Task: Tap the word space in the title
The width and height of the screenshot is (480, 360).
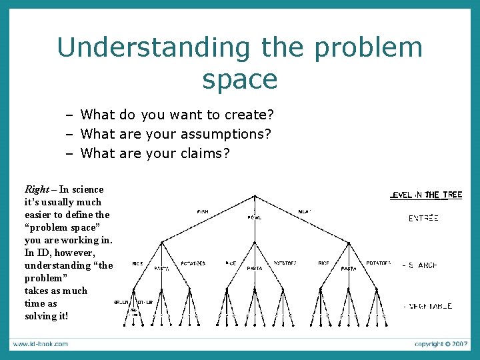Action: pos(240,79)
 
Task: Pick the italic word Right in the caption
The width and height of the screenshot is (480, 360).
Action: pos(36,189)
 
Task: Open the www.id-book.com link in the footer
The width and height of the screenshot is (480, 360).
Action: pos(39,344)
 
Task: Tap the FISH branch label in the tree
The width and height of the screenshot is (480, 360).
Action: pos(203,212)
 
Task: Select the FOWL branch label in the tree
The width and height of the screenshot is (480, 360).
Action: pos(255,218)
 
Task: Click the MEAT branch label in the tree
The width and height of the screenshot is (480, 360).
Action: pos(305,212)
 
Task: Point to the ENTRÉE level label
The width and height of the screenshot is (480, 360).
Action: pos(423,218)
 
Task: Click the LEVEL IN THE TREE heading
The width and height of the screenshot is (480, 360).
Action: pos(426,195)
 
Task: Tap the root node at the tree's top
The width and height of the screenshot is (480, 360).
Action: pos(255,196)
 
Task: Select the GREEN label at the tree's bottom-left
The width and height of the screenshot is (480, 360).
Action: pos(121,302)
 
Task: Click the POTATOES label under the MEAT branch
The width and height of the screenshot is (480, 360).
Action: pos(379,263)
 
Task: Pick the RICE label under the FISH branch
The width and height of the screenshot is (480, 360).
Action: pos(138,263)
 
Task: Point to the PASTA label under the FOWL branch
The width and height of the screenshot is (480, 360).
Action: pos(255,268)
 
